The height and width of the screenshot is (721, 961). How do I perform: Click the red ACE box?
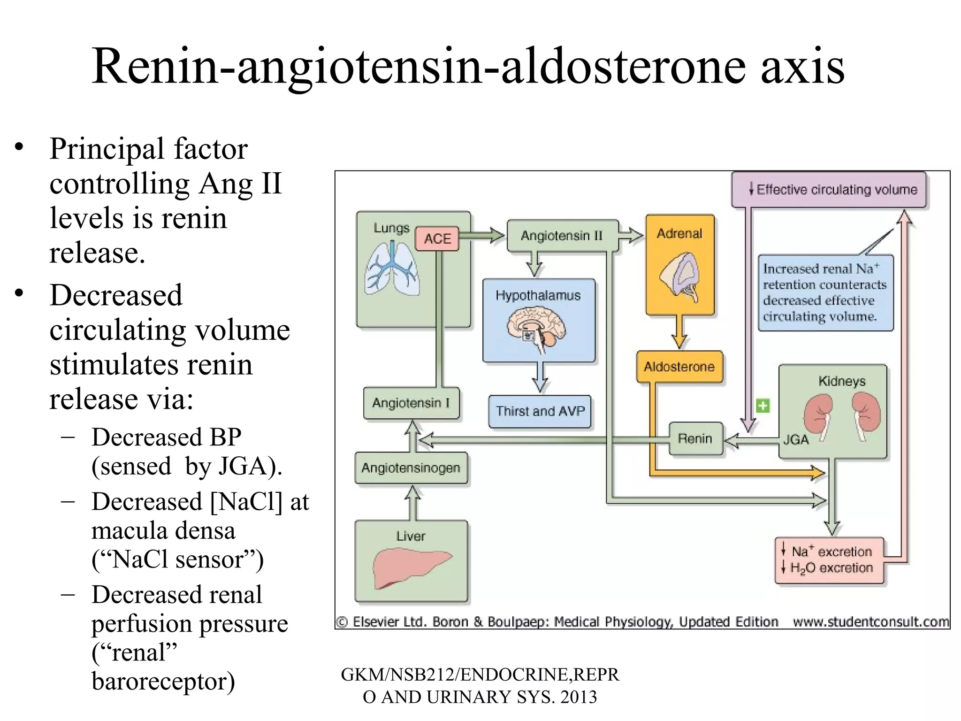coord(437,238)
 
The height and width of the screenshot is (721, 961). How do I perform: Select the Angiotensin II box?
coord(562,236)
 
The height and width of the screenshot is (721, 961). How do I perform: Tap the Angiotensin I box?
coord(411,403)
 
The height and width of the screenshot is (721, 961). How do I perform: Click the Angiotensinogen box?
coord(411,468)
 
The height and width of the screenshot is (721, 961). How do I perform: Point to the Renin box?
coord(695,438)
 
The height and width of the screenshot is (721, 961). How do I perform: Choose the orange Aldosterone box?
coord(679,367)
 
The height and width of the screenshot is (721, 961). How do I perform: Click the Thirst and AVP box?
coord(540,411)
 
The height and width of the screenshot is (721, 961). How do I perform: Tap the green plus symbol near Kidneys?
coord(763,406)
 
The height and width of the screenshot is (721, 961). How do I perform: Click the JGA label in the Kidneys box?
coord(796,440)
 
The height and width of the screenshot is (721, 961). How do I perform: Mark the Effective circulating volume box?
coord(829,190)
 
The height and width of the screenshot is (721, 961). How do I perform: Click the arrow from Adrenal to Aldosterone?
coord(679,331)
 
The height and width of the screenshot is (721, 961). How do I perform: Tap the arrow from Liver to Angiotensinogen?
coord(412,502)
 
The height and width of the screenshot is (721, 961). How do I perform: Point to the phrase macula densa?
coord(163,531)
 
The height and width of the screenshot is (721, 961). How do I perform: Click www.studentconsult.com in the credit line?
coord(870,622)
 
